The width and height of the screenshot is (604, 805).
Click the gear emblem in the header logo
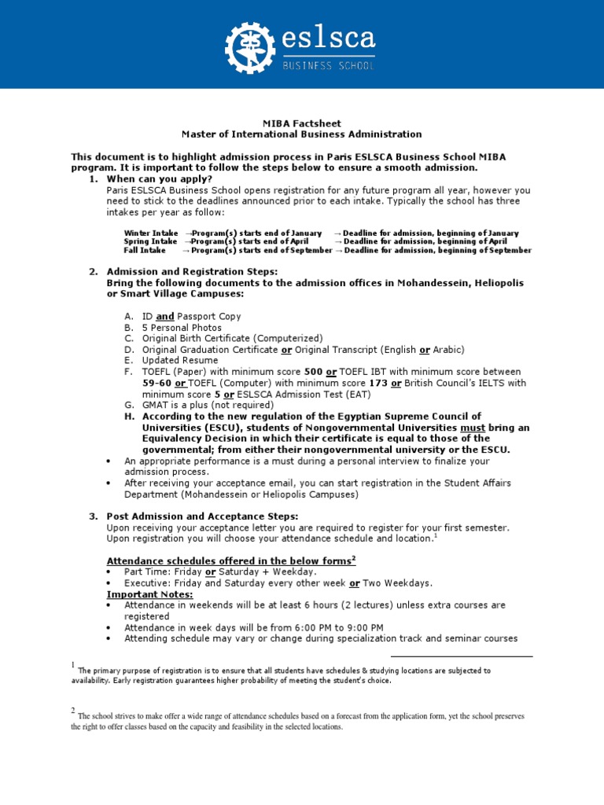point(250,48)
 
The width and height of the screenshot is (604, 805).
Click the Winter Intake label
point(151,233)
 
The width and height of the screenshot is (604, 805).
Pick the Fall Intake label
point(145,250)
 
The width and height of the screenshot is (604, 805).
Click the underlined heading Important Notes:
point(149,594)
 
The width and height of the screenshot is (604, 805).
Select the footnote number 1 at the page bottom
point(73,667)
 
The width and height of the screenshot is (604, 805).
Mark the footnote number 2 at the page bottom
point(73,712)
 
